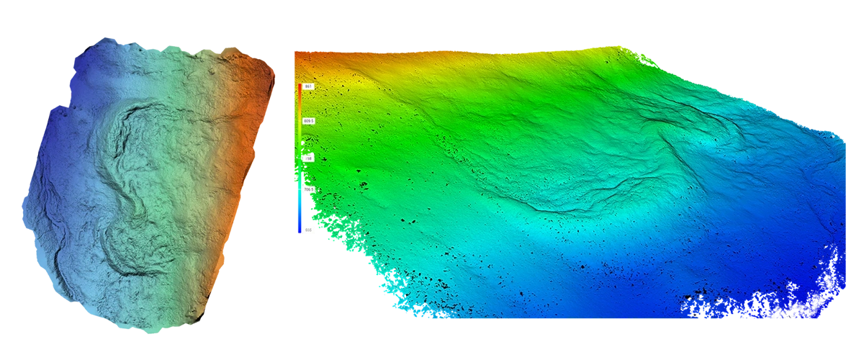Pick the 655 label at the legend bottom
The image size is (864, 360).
point(307,230)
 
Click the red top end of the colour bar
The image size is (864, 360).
point(300,87)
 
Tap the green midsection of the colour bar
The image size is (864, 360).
point(300,155)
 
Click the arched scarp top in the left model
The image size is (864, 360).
point(144,108)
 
